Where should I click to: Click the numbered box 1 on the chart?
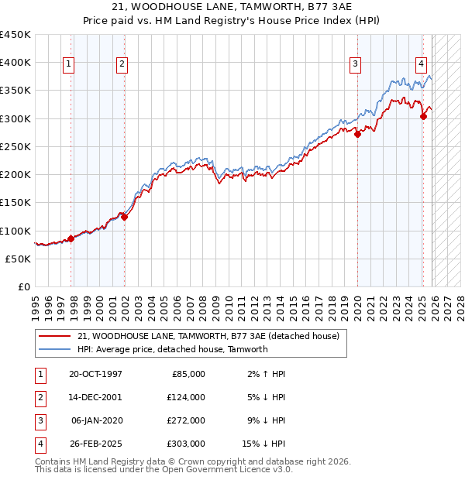pyautogui.click(x=69, y=64)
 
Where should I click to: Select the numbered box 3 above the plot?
pyautogui.click(x=355, y=64)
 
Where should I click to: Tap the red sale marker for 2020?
pyautogui.click(x=357, y=134)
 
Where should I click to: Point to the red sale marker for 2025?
pyautogui.click(x=423, y=117)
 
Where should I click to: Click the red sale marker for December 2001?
pyautogui.click(x=124, y=217)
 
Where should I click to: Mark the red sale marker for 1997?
pyautogui.click(x=71, y=238)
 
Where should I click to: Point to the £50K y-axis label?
pyautogui.click(x=18, y=259)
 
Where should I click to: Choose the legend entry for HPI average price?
pyautogui.click(x=172, y=349)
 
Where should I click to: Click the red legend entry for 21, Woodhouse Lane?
pyautogui.click(x=208, y=337)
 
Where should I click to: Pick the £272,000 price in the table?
pyautogui.click(x=186, y=420)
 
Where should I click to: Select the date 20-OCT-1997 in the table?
pyautogui.click(x=95, y=374)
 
